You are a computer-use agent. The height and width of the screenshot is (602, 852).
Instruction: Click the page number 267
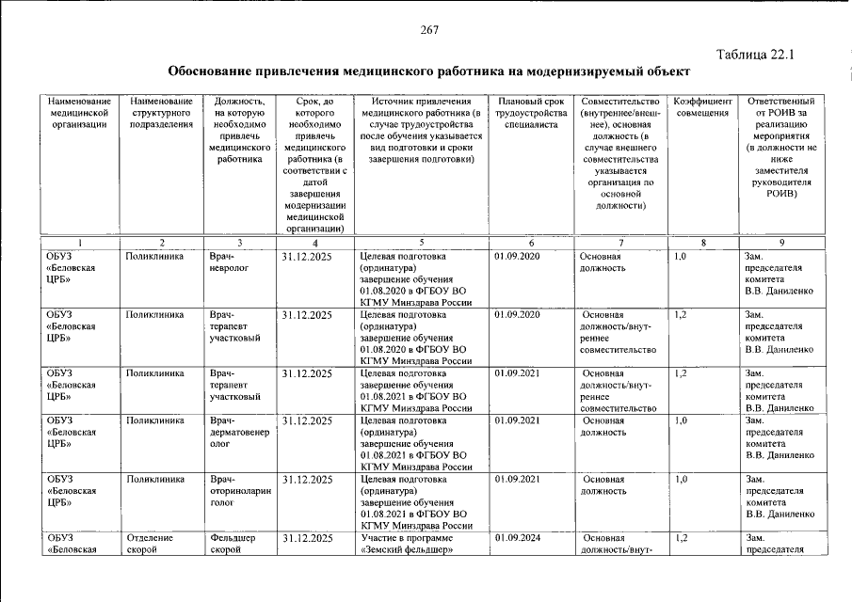click(x=430, y=30)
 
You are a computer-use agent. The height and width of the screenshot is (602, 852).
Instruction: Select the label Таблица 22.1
click(x=755, y=54)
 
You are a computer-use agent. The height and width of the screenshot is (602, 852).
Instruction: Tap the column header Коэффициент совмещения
click(x=702, y=107)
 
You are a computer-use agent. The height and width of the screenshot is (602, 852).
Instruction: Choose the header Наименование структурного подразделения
click(x=163, y=112)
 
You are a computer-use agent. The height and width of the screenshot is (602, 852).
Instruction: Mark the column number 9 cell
click(x=781, y=243)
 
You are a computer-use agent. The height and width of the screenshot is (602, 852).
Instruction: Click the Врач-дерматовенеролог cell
click(x=239, y=432)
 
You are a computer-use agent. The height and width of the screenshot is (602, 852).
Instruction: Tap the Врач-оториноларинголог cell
click(x=239, y=491)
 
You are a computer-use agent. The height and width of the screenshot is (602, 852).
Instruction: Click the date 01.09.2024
click(x=517, y=538)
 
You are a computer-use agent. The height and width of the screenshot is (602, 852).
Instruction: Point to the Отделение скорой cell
click(x=150, y=544)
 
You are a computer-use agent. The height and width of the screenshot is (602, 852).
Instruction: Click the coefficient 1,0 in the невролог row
click(x=681, y=256)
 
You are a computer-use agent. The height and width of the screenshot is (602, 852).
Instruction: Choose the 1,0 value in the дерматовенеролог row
click(x=681, y=420)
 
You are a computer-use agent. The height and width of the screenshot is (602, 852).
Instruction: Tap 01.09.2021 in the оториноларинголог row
click(x=517, y=480)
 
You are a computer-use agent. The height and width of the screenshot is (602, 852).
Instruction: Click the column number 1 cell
click(x=80, y=243)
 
